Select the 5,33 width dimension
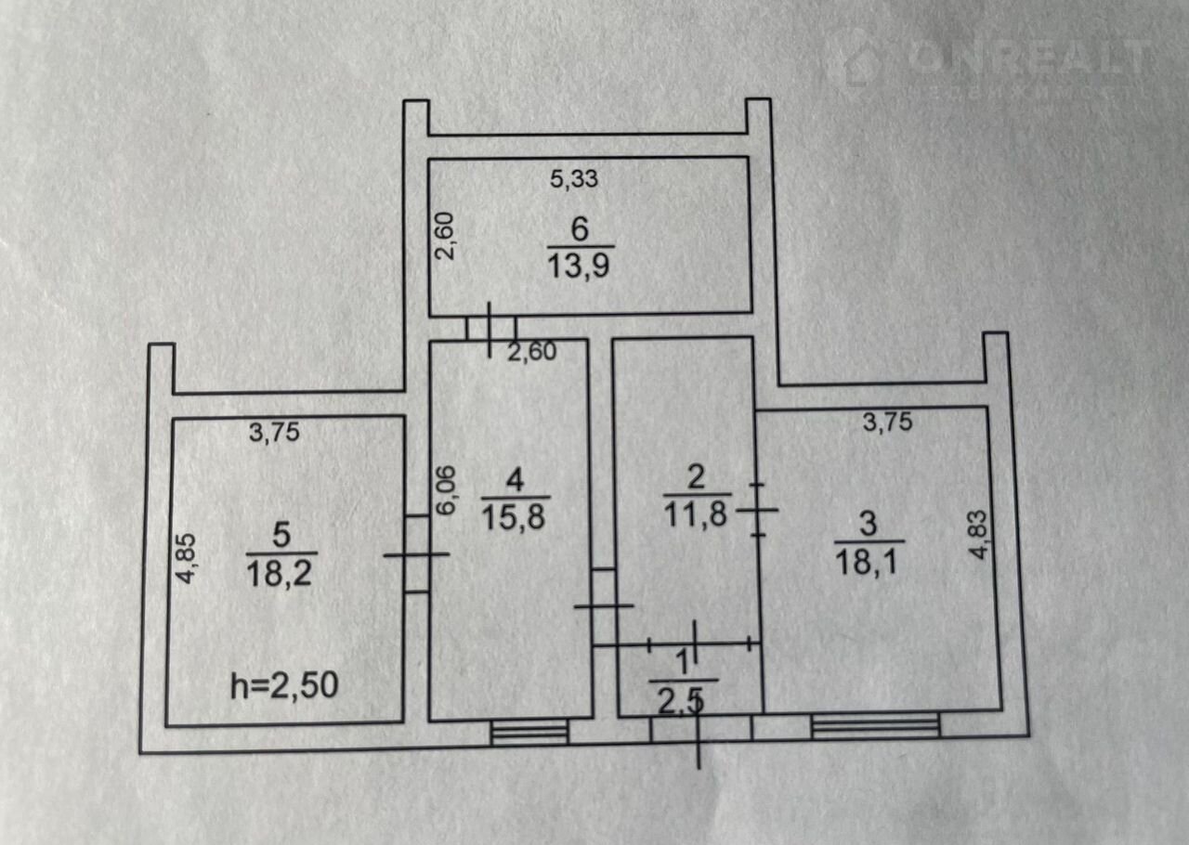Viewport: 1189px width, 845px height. point(574,179)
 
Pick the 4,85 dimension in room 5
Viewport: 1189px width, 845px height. point(186,557)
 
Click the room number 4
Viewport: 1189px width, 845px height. point(515,480)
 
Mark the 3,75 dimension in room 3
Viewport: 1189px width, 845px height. point(888,422)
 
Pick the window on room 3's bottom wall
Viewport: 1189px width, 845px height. point(874,725)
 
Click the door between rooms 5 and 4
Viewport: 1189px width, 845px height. point(416,554)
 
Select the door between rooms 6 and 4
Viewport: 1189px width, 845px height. point(491,327)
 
